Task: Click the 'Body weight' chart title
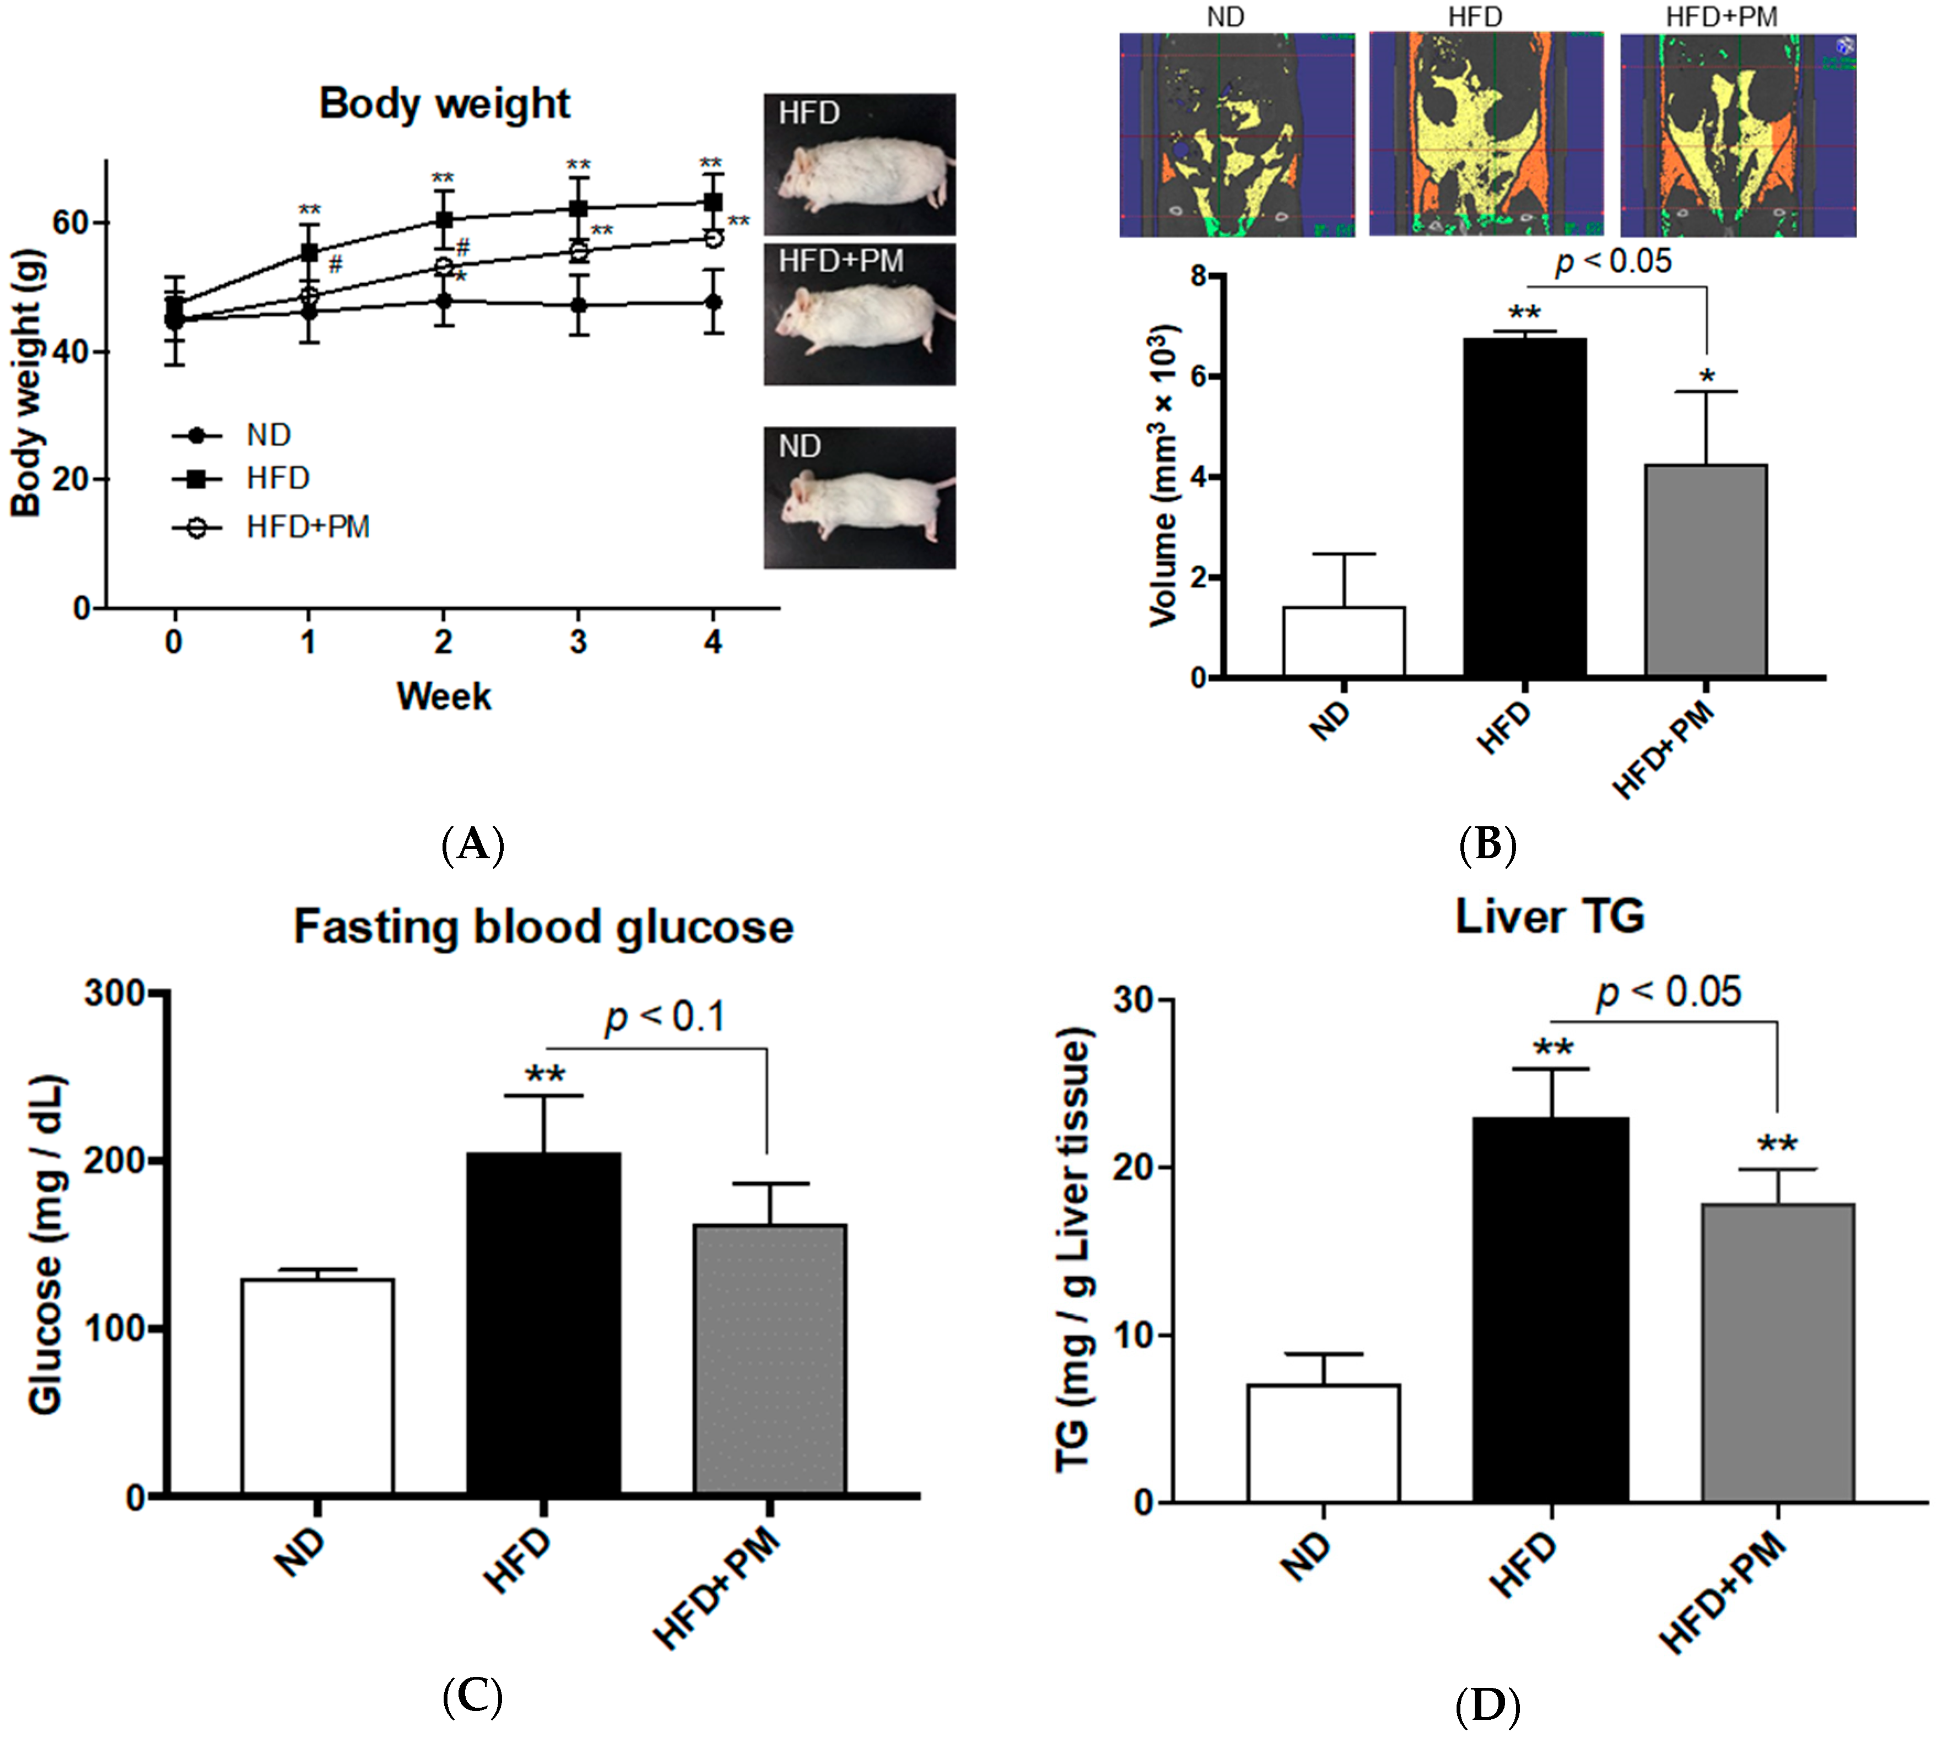(x=444, y=103)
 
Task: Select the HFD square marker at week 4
(x=713, y=202)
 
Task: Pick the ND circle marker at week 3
(x=578, y=306)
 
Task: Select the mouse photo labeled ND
(x=859, y=497)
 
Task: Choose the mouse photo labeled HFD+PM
(x=859, y=314)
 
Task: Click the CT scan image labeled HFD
(x=1486, y=134)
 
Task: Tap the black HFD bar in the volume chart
(x=1524, y=507)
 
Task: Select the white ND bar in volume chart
(x=1343, y=642)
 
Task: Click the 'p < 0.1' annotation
(x=666, y=1016)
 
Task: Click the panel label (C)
(x=473, y=1696)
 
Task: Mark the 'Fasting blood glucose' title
(x=543, y=927)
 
